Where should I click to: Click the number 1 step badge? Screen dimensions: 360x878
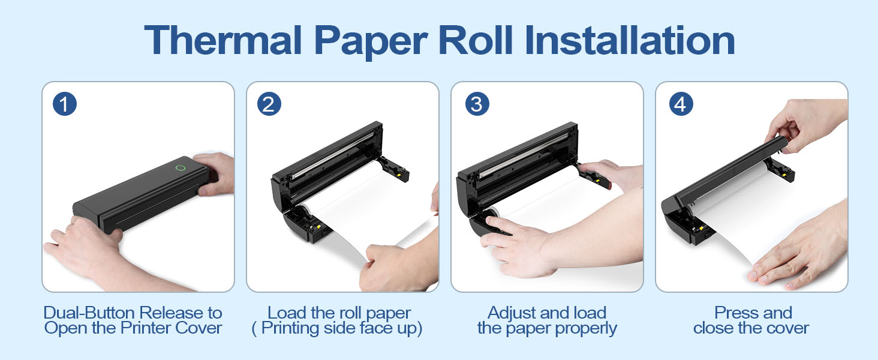tap(64, 104)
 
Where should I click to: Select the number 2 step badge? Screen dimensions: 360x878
tap(269, 104)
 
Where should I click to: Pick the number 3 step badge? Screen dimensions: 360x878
tap(476, 104)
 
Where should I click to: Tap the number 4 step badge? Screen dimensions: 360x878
tap(680, 104)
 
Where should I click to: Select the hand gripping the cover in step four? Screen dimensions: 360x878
tap(804, 123)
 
